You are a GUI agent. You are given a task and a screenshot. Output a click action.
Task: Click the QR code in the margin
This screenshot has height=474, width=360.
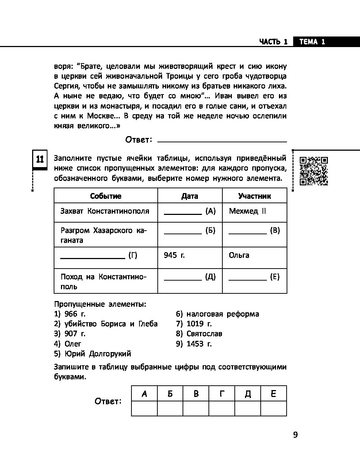[x=314, y=171]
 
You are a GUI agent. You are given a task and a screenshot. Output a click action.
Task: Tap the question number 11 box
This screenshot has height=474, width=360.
[x=40, y=159]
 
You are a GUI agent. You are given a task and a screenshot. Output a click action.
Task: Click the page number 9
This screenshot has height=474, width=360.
[x=295, y=435]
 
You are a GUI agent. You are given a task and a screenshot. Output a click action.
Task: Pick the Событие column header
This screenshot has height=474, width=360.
[x=106, y=196]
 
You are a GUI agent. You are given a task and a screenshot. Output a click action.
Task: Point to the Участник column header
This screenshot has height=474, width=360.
[x=254, y=196]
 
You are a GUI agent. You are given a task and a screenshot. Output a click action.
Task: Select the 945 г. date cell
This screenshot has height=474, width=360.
[x=174, y=255]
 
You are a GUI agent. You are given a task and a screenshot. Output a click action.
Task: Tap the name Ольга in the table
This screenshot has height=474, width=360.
[x=239, y=255]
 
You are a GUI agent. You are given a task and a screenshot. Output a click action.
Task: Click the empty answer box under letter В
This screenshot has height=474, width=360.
[x=196, y=409]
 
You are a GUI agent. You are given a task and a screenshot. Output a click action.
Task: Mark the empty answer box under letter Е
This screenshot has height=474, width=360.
[x=273, y=409]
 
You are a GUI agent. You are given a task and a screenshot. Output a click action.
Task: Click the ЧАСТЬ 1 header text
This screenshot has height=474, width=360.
[x=273, y=42]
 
